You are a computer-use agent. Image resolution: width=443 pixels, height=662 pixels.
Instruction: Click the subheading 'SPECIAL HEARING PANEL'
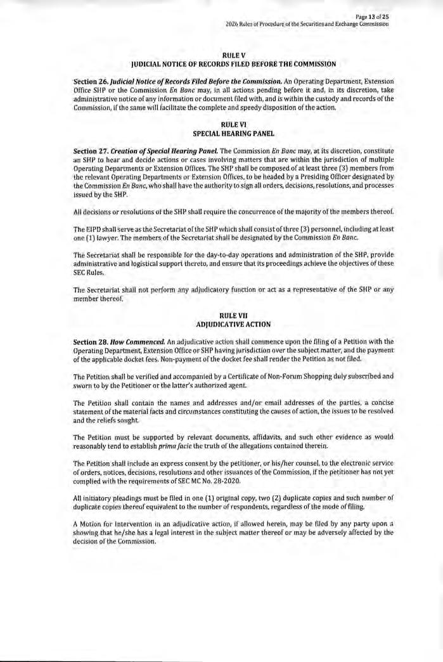233,134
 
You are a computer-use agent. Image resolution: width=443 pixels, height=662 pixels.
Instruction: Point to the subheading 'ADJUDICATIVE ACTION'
233,324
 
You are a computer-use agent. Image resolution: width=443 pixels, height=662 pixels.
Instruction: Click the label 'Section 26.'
92,82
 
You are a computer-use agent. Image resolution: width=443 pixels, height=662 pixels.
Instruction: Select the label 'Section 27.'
92,150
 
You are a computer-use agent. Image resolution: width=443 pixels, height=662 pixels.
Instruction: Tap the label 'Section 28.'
92,342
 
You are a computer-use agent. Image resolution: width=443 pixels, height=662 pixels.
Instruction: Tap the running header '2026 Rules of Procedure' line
307,24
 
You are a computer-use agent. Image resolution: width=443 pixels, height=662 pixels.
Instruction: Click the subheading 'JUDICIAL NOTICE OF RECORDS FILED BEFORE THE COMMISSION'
233,64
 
